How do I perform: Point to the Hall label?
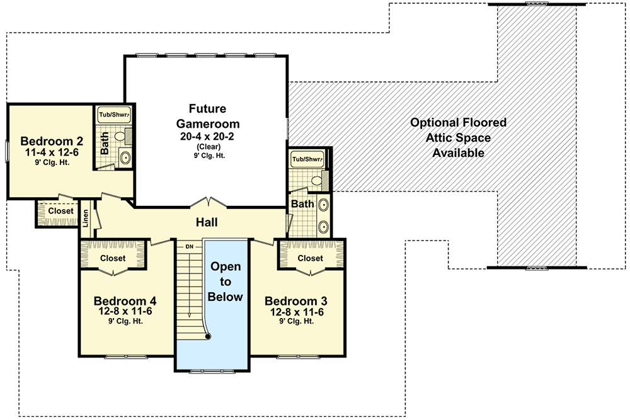[207, 222]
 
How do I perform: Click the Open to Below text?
[226, 281]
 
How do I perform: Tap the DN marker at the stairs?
[188, 246]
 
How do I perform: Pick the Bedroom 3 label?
[295, 300]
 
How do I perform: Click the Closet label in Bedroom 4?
[113, 258]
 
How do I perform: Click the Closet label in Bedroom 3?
[310, 258]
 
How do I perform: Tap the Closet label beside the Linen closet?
[60, 212]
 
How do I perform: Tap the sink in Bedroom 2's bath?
[125, 157]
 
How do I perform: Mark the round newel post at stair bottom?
[208, 336]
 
